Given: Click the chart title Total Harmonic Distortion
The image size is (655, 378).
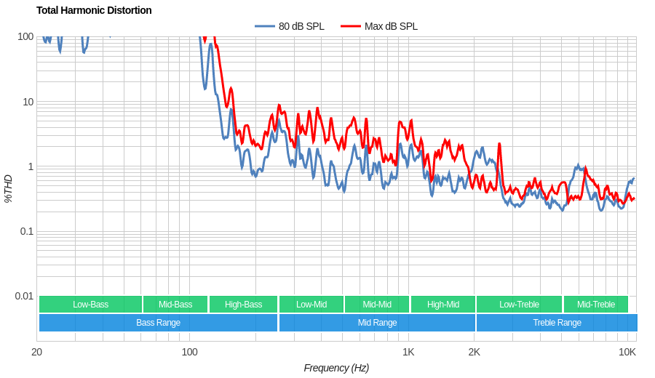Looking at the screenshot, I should pyautogui.click(x=94, y=10).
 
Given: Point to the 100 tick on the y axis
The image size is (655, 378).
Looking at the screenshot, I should pyautogui.click(x=25, y=36).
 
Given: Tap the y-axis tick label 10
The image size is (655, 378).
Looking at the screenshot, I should pyautogui.click(x=28, y=102).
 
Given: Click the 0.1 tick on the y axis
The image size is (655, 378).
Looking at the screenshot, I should pyautogui.click(x=25, y=231).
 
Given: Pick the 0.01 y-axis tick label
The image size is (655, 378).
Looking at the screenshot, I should pyautogui.click(x=24, y=296).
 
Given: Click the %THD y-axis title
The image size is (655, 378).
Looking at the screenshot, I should pyautogui.click(x=8, y=188).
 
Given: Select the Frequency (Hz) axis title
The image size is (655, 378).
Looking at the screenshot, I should pyautogui.click(x=336, y=368).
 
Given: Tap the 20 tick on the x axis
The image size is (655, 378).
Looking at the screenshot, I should pyautogui.click(x=36, y=352).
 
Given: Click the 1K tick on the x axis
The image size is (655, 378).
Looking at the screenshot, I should pyautogui.click(x=408, y=352).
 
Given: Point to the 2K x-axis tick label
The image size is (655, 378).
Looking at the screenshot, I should pyautogui.click(x=474, y=352).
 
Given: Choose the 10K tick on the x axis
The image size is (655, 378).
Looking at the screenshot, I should pyautogui.click(x=627, y=352).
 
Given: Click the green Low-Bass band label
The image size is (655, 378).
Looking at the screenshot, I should pyautogui.click(x=90, y=305).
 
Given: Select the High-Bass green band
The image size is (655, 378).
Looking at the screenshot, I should pyautogui.click(x=243, y=305).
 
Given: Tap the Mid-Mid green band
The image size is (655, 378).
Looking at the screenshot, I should pyautogui.click(x=377, y=305).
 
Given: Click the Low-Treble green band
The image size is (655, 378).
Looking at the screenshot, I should pyautogui.click(x=519, y=305).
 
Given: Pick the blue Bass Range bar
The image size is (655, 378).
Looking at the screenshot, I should pyautogui.click(x=158, y=323).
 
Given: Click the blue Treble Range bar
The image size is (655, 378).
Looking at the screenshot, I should pyautogui.click(x=557, y=323).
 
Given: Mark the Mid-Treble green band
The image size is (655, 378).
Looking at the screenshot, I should pyautogui.click(x=595, y=305).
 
